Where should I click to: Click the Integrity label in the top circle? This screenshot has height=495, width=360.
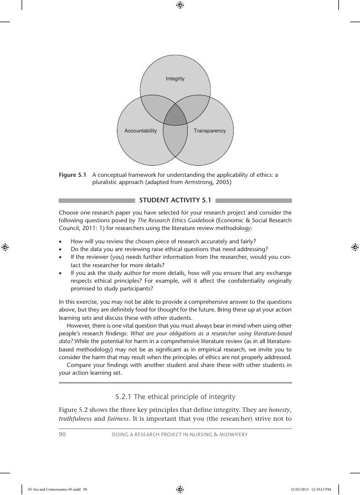175,79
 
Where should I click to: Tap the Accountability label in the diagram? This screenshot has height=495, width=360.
141,131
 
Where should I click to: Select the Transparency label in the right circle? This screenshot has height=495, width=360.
210,131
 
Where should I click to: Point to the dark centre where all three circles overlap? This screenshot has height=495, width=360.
176,115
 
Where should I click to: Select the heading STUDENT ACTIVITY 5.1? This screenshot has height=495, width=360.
175,201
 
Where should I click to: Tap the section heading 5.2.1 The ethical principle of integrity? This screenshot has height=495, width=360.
175,396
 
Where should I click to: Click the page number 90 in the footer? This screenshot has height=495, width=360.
62,435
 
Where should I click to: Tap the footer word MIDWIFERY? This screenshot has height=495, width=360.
233,435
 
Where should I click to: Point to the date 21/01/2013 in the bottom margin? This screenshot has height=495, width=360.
299,489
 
